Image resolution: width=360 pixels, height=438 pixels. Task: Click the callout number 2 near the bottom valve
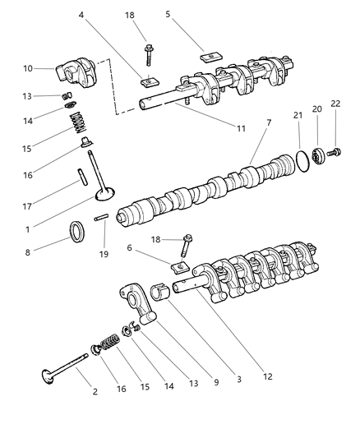(x=95, y=392)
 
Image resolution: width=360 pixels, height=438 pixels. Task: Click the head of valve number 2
(x=50, y=376)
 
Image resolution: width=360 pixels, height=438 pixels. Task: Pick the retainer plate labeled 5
(x=211, y=60)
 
